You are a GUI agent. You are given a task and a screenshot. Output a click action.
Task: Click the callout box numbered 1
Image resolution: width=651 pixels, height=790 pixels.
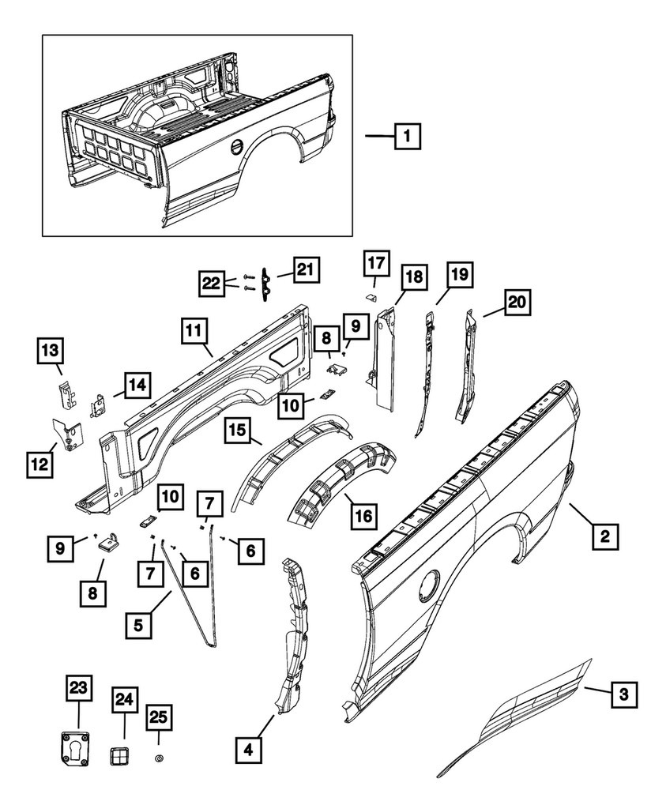click(x=406, y=137)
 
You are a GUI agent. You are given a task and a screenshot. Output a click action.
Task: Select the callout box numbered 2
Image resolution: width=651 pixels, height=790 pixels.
click(x=604, y=537)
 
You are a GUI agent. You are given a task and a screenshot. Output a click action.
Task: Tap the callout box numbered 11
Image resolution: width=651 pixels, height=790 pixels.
click(x=194, y=329)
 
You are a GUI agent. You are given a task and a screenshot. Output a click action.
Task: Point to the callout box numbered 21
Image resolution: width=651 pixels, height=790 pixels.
click(x=305, y=270)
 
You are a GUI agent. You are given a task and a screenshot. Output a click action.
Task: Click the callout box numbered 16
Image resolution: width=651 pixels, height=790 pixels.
click(x=362, y=517)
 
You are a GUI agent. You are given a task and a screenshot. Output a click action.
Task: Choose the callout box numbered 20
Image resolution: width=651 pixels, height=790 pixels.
click(x=516, y=303)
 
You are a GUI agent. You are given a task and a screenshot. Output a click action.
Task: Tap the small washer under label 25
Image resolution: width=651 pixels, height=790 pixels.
click(x=158, y=758)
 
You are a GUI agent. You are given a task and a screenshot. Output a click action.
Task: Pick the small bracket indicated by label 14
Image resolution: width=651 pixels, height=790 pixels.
click(x=99, y=406)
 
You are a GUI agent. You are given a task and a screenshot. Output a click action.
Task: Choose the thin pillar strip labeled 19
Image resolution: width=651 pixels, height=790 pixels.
click(x=426, y=371)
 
